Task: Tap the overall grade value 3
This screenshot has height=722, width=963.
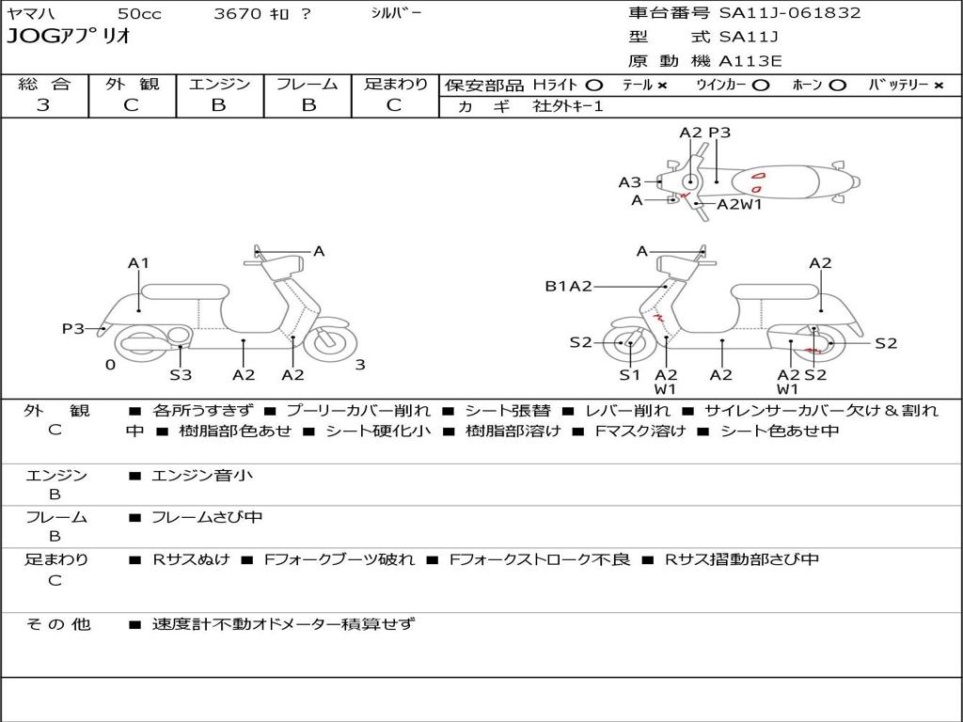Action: (42, 105)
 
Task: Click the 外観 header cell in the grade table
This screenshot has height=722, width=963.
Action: (132, 84)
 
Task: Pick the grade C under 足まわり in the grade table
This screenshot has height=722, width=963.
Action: (394, 105)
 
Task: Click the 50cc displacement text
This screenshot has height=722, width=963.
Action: (137, 14)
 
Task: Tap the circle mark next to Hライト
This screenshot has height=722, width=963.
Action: (594, 85)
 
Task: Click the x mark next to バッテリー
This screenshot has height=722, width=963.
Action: (938, 85)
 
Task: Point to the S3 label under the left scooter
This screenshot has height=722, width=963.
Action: (181, 375)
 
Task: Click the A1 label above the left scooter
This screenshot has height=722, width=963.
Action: (139, 263)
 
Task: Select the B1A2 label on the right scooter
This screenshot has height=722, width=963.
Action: (568, 286)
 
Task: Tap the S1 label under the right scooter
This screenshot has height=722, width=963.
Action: (629, 375)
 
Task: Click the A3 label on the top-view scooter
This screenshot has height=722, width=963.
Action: (629, 182)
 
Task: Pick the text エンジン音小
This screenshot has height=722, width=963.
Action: (202, 476)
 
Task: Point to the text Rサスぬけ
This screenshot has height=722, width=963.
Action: (191, 559)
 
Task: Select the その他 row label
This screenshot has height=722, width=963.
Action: (57, 623)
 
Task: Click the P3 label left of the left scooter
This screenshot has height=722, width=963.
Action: (73, 328)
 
